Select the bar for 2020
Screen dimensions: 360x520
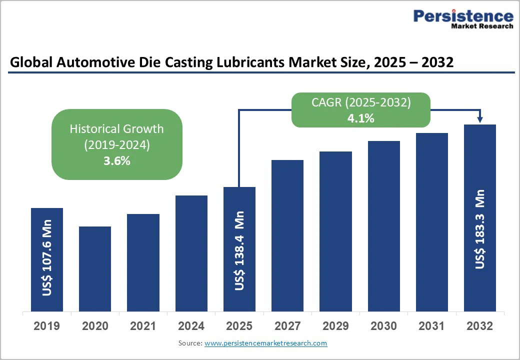[95, 268]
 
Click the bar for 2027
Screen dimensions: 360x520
[287, 235]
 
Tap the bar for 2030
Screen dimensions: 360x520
[384, 226]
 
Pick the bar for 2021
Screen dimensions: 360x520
[143, 262]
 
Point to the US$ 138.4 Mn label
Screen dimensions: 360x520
[240, 250]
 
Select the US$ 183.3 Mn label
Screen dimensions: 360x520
[480, 229]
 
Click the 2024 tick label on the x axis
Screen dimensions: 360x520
[191, 326]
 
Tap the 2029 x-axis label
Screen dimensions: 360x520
[335, 326]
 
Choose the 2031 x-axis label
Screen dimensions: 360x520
[432, 326]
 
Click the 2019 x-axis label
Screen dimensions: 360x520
[46, 326]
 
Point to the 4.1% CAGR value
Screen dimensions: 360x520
[361, 118]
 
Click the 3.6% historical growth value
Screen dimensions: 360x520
[117, 161]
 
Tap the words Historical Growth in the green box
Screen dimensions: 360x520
[117, 129]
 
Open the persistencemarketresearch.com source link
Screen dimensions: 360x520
[265, 343]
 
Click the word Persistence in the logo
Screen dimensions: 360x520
[463, 16]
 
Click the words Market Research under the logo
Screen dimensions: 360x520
[482, 26]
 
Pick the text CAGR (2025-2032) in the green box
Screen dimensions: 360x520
[361, 103]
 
